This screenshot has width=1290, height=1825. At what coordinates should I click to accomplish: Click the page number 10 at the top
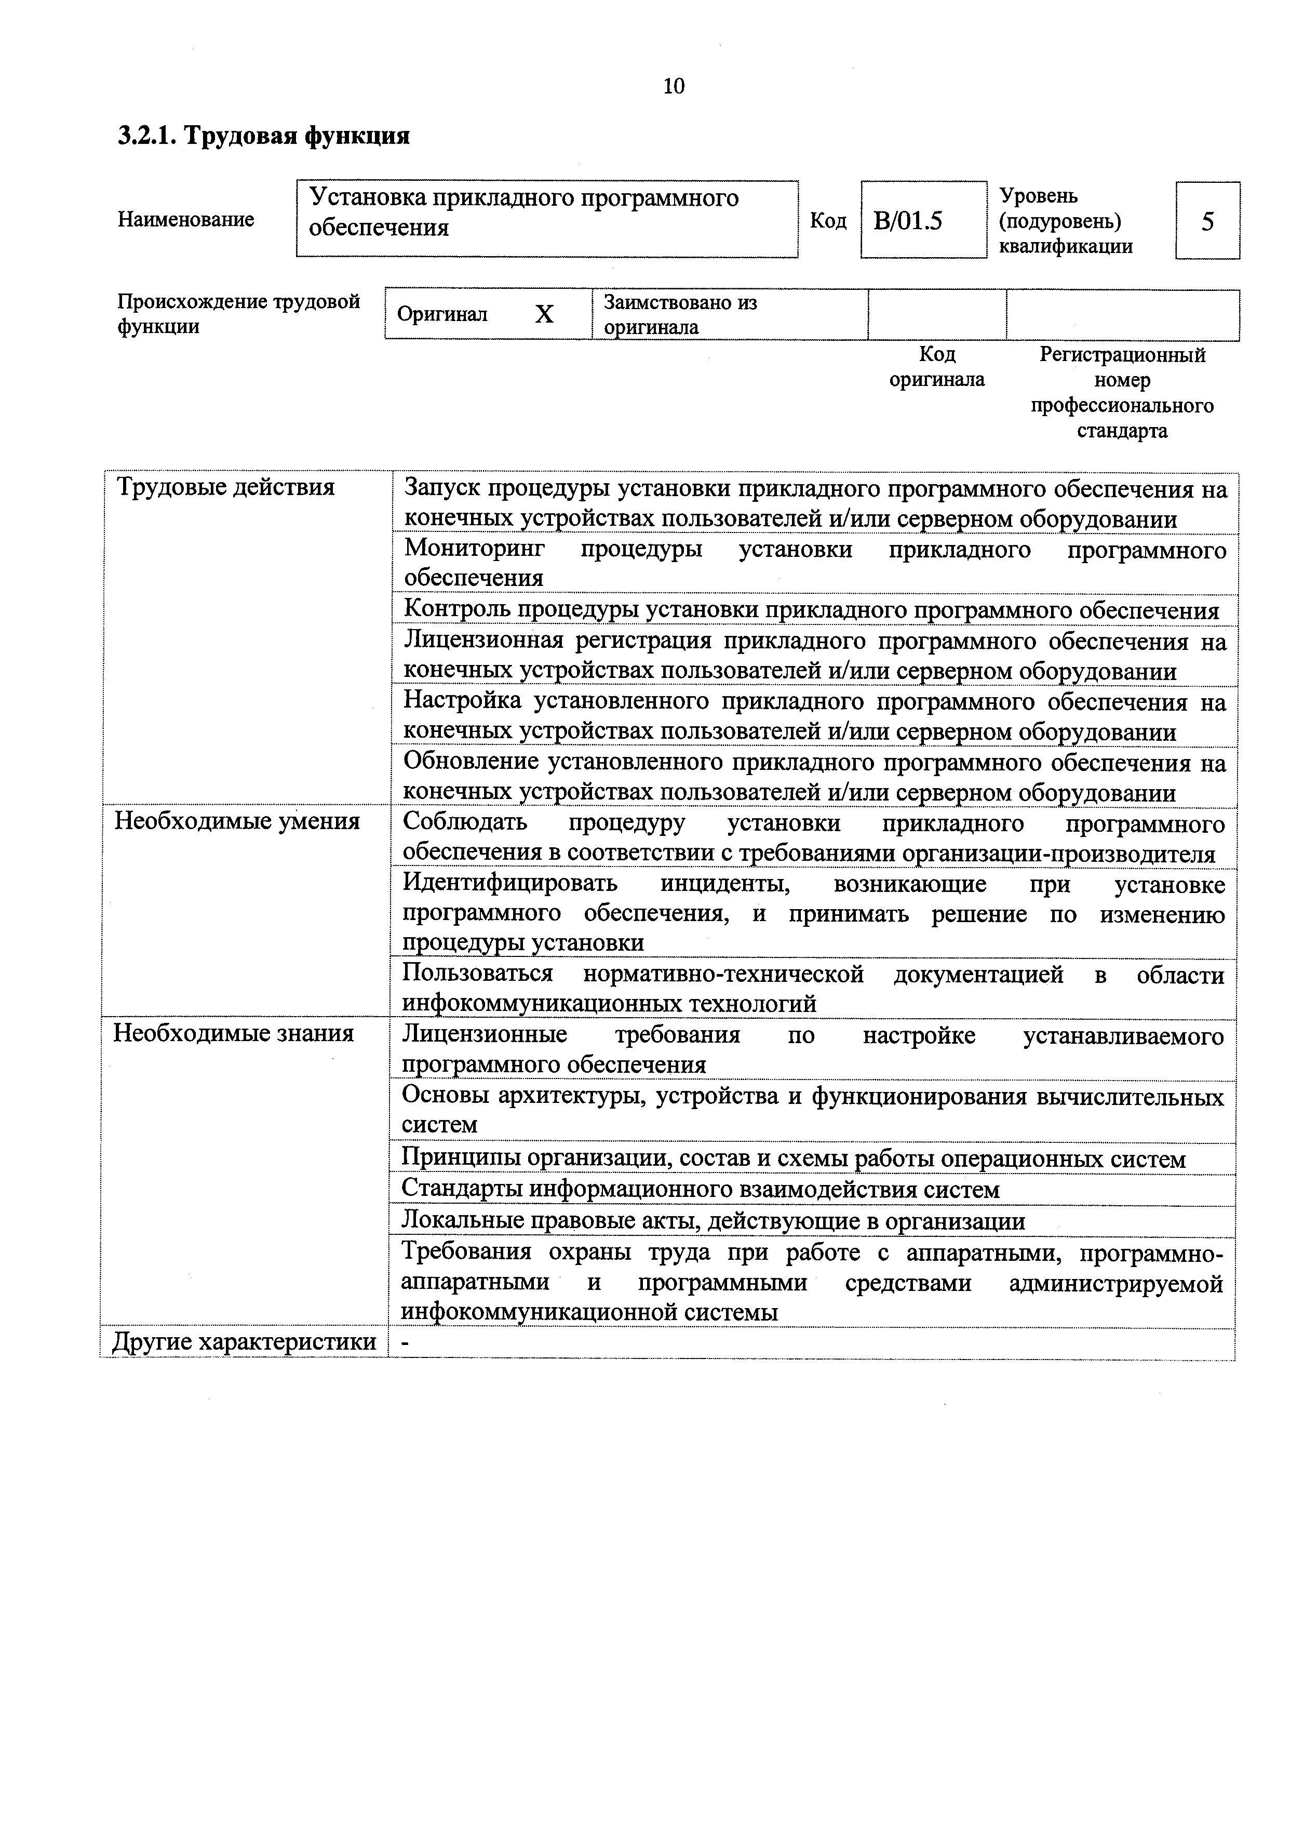click(673, 86)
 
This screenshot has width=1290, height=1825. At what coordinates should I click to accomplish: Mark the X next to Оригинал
click(544, 315)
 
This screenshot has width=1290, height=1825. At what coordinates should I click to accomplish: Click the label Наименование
click(186, 219)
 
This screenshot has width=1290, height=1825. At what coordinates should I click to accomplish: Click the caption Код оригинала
click(936, 366)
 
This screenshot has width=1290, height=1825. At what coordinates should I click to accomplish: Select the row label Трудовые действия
click(226, 486)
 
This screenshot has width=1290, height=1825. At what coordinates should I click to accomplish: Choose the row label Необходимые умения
click(237, 820)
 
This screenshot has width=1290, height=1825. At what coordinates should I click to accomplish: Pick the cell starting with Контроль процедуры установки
click(811, 610)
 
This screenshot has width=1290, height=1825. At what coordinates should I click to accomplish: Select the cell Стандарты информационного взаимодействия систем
click(700, 1189)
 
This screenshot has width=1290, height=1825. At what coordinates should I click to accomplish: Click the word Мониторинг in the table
click(475, 549)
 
